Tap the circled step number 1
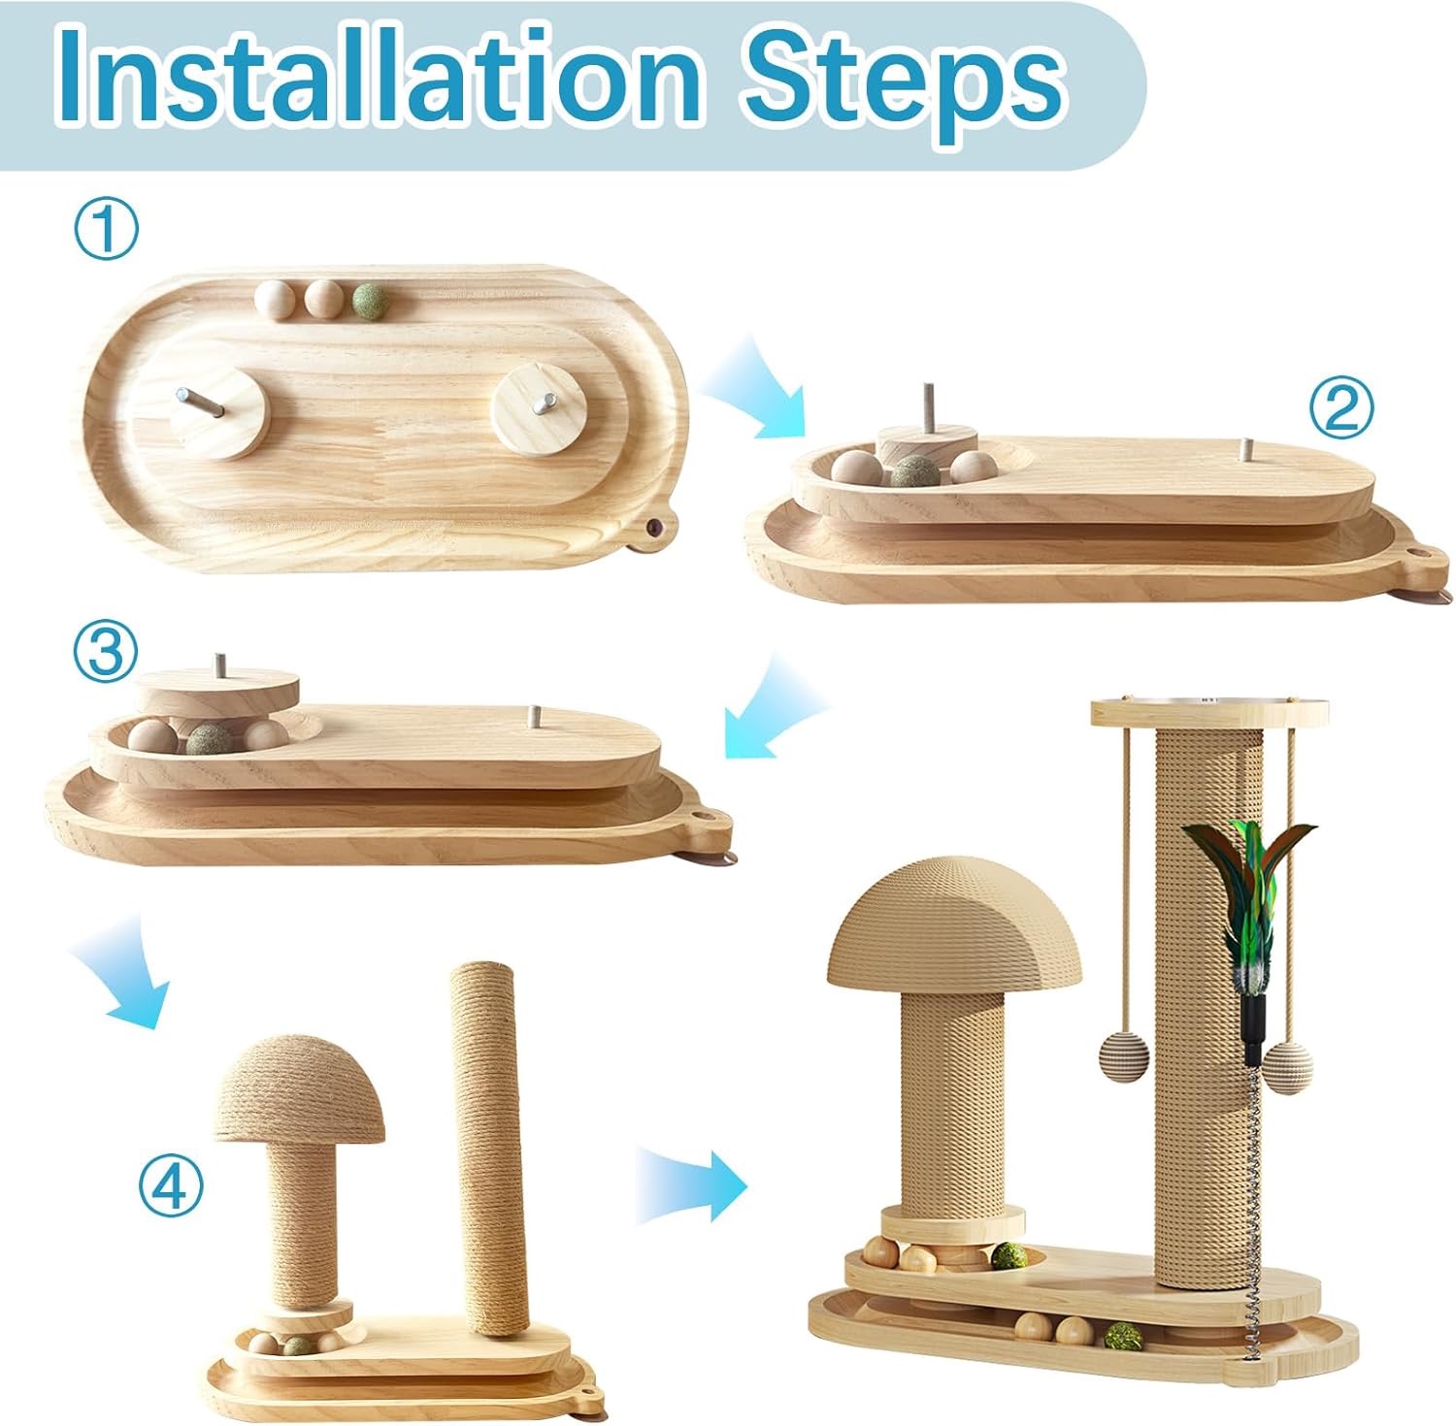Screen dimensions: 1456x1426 (106, 230)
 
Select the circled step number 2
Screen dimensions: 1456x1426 (1341, 409)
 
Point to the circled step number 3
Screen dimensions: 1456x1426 (106, 653)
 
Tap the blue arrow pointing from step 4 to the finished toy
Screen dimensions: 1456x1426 (690, 1183)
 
